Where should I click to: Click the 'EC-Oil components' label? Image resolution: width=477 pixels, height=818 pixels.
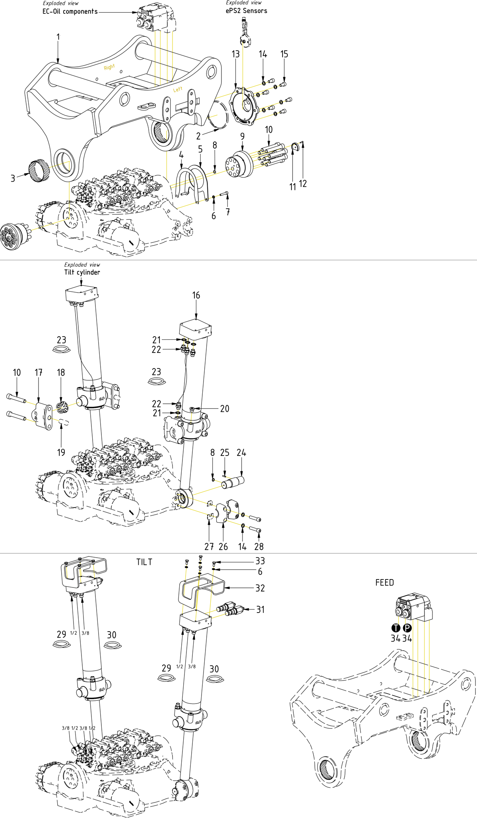pyautogui.click(x=70, y=12)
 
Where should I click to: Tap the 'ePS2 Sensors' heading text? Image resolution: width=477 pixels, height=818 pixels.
pyautogui.click(x=246, y=11)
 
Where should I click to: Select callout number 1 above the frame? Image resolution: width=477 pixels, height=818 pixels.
pyautogui.click(x=58, y=37)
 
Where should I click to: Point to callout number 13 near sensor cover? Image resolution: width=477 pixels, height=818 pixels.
pyautogui.click(x=236, y=54)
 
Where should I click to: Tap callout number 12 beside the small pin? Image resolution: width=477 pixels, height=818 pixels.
pyautogui.click(x=303, y=184)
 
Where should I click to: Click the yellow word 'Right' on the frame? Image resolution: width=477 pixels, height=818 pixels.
pyautogui.click(x=109, y=67)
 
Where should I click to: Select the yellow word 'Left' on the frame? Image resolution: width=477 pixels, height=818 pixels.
pyautogui.click(x=178, y=89)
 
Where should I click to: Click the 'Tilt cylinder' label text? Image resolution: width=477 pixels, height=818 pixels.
pyautogui.click(x=82, y=272)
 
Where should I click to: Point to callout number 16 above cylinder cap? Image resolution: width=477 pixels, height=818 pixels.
pyautogui.click(x=196, y=295)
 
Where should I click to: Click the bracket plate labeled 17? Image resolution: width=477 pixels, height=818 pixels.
pyautogui.click(x=43, y=415)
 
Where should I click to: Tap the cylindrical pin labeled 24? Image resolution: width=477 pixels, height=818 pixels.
pyautogui.click(x=233, y=483)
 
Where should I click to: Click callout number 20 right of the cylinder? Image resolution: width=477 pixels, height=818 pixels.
pyautogui.click(x=225, y=409)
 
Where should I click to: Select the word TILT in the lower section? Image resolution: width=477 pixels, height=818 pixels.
pyautogui.click(x=144, y=562)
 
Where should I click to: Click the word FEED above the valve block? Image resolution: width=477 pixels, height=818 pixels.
pyautogui.click(x=384, y=582)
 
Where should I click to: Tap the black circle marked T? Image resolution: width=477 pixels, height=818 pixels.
pyautogui.click(x=396, y=628)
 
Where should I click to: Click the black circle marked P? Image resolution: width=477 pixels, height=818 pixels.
pyautogui.click(x=407, y=628)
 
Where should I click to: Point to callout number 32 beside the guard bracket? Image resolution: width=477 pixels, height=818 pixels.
pyautogui.click(x=260, y=588)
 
